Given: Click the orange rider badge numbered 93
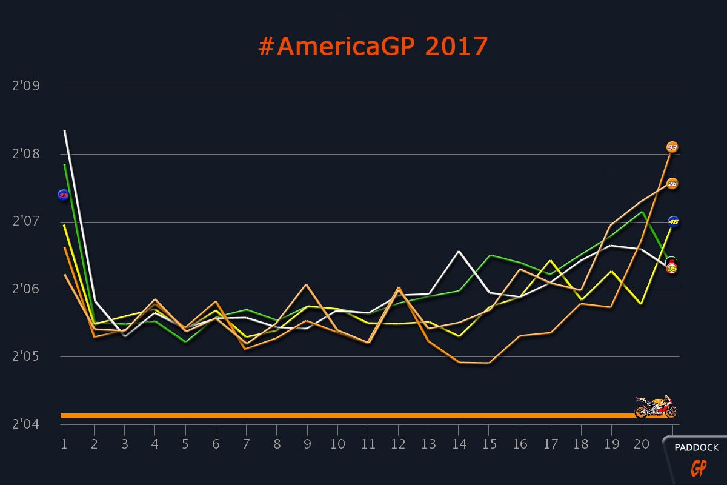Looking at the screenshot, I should coord(672,147).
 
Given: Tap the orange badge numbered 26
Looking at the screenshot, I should coord(672,183).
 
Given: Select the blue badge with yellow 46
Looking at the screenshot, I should coord(672,221).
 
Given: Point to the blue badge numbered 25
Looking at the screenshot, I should coord(63,195).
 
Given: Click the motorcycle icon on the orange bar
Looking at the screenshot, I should coord(656,407).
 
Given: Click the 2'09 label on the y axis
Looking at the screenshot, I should coord(25,85).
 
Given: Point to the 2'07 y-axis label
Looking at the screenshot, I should coord(25,222).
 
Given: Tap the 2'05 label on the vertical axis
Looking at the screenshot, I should coord(25,356).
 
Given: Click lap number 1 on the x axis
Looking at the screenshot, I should coord(64,444).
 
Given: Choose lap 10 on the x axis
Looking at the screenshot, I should coord(337,444).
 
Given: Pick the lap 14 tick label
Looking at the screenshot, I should coord(459,444).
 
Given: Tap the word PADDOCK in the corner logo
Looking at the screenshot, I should coord(697,448).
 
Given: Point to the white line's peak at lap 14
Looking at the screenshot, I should coord(459,251).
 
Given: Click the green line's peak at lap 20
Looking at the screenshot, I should coord(642,212).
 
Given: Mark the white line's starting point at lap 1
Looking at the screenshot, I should coord(64,130).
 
